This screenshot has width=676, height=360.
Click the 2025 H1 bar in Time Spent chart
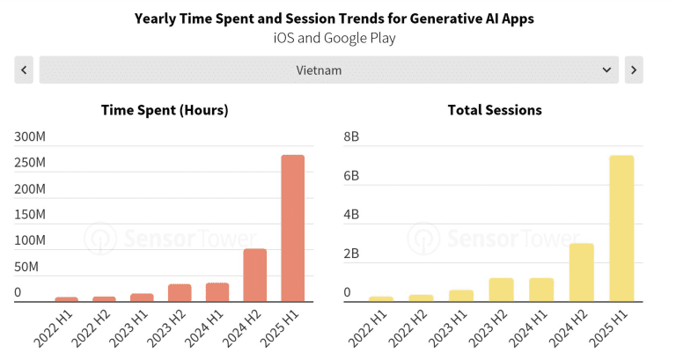pyautogui.click(x=292, y=229)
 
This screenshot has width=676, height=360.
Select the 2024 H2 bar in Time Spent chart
pyautogui.click(x=255, y=276)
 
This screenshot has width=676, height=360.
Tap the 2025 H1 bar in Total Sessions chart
pyautogui.click(x=621, y=229)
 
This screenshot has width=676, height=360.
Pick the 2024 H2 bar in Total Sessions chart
pyautogui.click(x=582, y=273)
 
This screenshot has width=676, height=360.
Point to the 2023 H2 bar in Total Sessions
pyautogui.click(x=501, y=290)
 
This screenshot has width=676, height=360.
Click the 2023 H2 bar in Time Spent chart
pyautogui.click(x=180, y=293)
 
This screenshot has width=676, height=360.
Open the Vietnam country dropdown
pyautogui.click(x=329, y=70)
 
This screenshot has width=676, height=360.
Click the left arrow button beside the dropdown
pyautogui.click(x=24, y=70)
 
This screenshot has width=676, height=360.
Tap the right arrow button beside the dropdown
pyautogui.click(x=634, y=70)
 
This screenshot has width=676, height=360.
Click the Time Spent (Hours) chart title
pyautogui.click(x=165, y=110)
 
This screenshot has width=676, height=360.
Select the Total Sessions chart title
pyautogui.click(x=495, y=110)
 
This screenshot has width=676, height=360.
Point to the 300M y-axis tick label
pyautogui.click(x=30, y=137)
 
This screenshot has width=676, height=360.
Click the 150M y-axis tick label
pyautogui.click(x=30, y=215)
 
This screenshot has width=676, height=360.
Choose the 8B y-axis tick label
pyautogui.click(x=351, y=137)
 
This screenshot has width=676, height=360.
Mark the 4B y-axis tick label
pyautogui.click(x=351, y=215)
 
